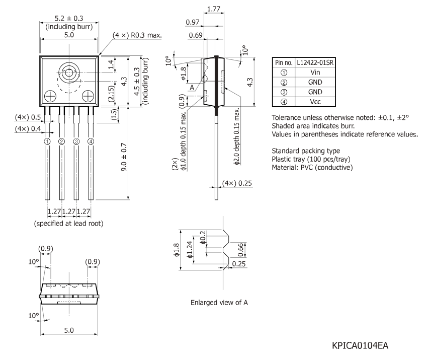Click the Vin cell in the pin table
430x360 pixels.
pyautogui.click(x=315, y=72)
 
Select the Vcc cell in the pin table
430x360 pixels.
pyautogui.click(x=315, y=102)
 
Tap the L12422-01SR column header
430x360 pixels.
pyautogui.click(x=315, y=62)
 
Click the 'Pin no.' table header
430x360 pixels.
pyautogui.click(x=284, y=62)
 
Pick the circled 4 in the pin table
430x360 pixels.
pyautogui.click(x=284, y=102)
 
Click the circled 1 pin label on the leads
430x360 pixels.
pyautogui.click(x=47, y=141)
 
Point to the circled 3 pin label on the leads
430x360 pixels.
pyautogui.click(x=76, y=141)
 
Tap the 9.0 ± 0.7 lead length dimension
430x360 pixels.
pyautogui.click(x=124, y=157)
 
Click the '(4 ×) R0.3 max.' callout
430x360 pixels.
pyautogui.click(x=137, y=35)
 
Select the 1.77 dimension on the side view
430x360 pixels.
pyautogui.click(x=214, y=9)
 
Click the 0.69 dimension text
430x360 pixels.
pyautogui.click(x=196, y=35)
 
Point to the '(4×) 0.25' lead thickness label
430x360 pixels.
pyautogui.click(x=237, y=183)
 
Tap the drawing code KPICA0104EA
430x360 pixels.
pyautogui.click(x=360, y=345)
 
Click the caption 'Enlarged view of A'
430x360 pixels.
pyautogui.click(x=219, y=303)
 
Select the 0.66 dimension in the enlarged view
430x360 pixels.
pyautogui.click(x=240, y=250)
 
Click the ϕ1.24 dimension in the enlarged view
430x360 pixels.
pyautogui.click(x=190, y=250)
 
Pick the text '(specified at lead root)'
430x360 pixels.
pyautogui.click(x=68, y=224)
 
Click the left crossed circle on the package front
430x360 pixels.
pyautogui.click(x=50, y=96)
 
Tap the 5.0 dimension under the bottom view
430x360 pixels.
pyautogui.click(x=69, y=330)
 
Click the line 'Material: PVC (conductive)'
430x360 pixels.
pyautogui.click(x=312, y=168)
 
